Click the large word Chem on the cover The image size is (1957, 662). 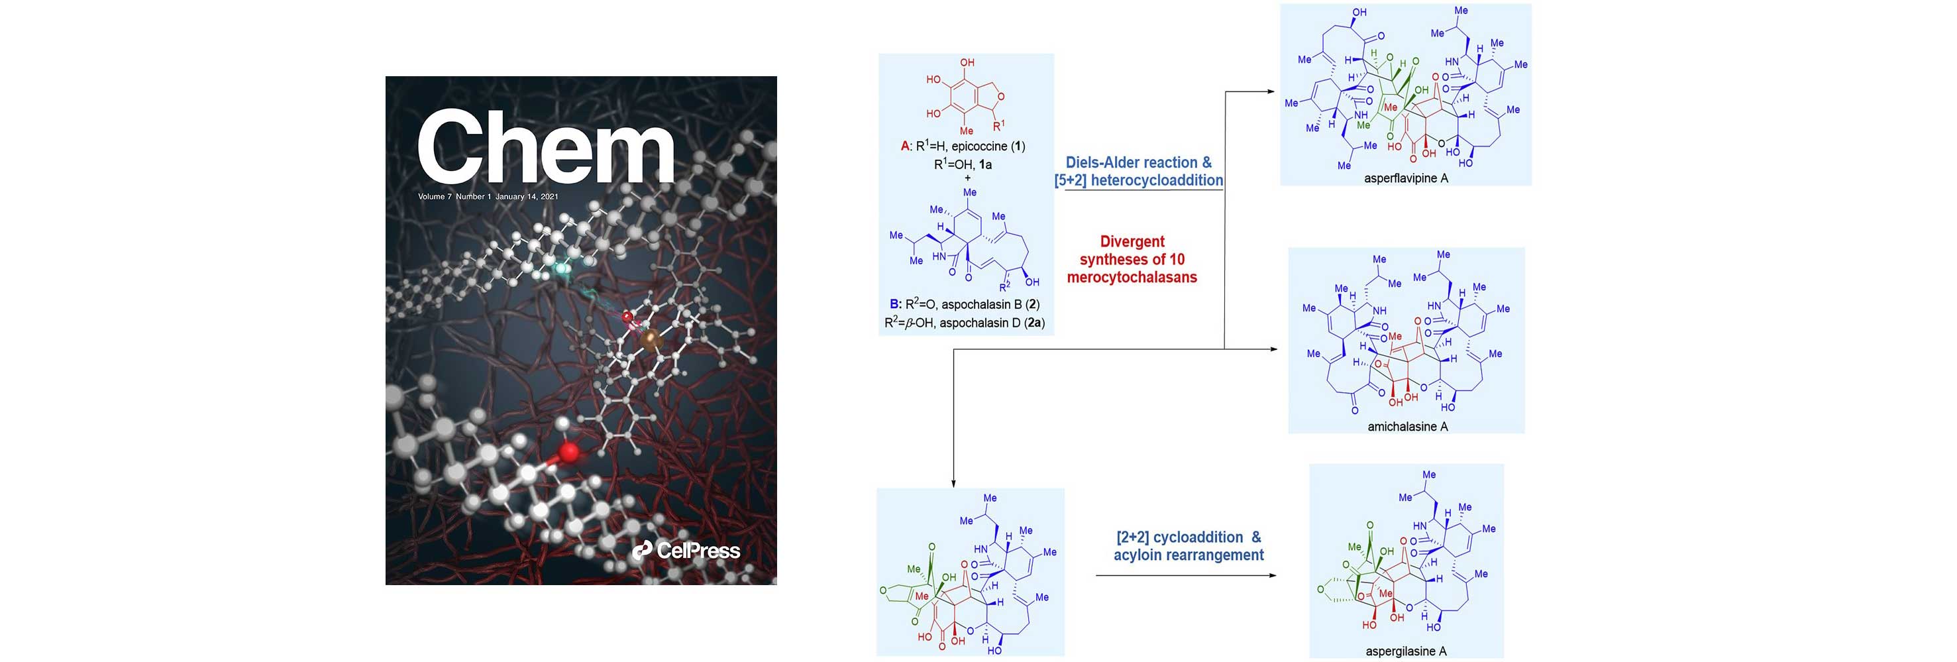coord(545,146)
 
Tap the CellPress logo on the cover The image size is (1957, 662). coord(686,549)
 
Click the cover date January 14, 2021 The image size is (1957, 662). coord(527,197)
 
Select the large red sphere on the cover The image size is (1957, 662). coord(569,453)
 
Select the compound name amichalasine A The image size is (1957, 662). coord(1407,426)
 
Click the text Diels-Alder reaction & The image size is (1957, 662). coord(1138,162)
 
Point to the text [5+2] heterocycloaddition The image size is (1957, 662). coord(1138,180)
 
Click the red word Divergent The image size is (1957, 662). coord(1132,242)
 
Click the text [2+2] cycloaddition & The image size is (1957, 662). coord(1189,537)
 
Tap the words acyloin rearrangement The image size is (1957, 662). coord(1189,555)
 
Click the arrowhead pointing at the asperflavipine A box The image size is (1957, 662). coord(1270,92)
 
